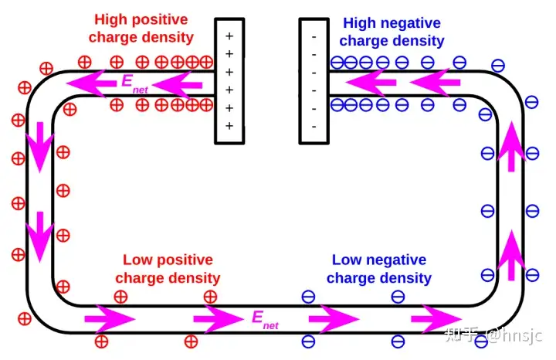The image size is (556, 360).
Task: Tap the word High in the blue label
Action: click(x=358, y=23)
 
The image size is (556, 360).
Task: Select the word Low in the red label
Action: click(x=137, y=260)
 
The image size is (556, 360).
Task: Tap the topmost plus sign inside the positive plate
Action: click(x=229, y=36)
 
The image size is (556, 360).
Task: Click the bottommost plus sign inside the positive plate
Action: click(x=229, y=125)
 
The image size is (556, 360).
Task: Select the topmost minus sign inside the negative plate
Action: click(x=314, y=36)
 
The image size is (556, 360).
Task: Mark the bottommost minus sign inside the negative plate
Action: click(x=314, y=125)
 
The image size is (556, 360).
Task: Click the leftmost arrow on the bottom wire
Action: click(x=109, y=318)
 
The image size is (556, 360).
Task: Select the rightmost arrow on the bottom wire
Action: click(x=436, y=318)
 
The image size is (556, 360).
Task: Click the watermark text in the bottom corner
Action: click(x=495, y=335)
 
